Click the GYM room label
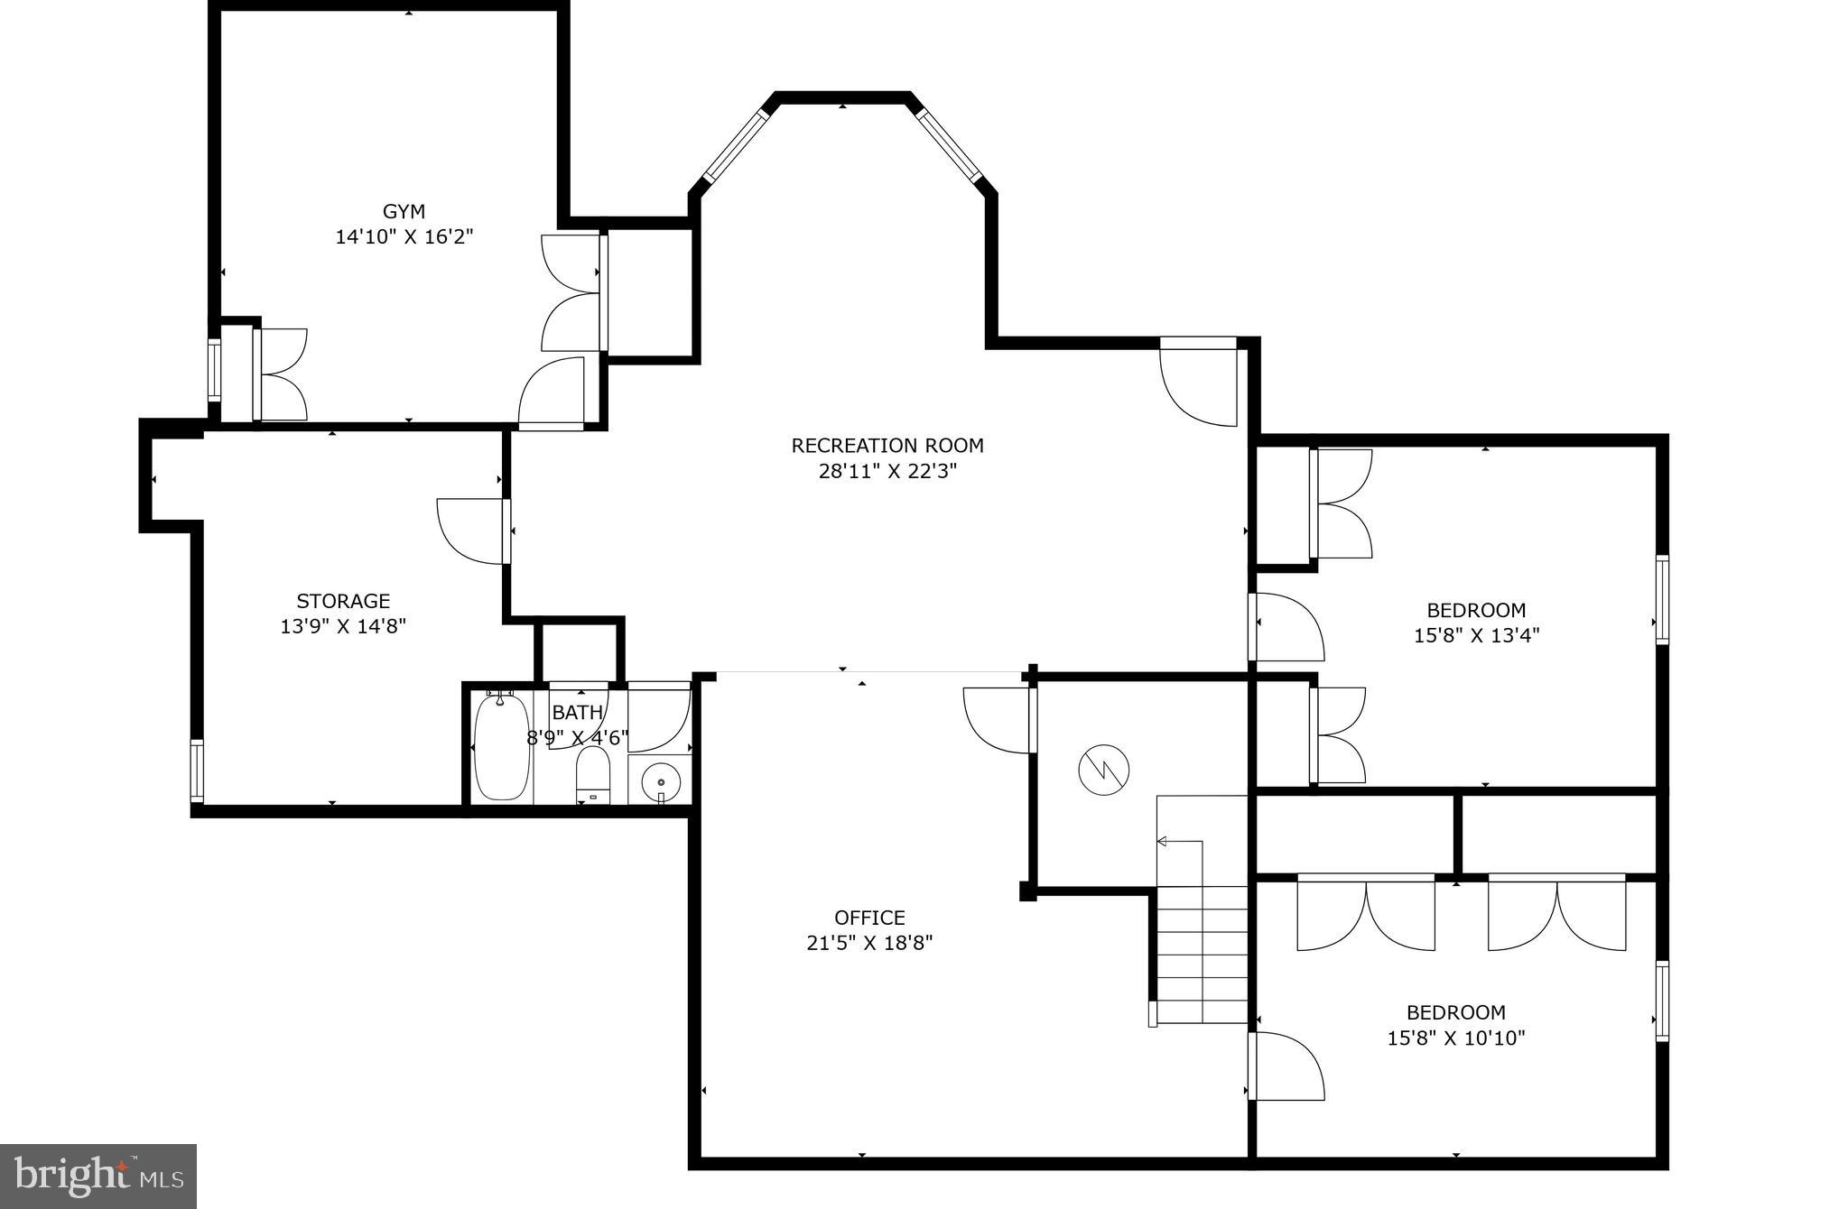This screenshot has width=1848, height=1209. tap(404, 211)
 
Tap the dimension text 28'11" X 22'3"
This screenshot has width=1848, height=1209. tap(887, 471)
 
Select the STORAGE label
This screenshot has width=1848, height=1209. tap(343, 601)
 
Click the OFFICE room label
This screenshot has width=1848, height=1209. tap(869, 918)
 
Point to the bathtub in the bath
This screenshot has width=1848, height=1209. tap(501, 747)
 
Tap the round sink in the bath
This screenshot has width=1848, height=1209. tap(662, 780)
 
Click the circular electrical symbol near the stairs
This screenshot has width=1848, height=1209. tap(1103, 770)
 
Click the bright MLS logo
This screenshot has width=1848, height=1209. tap(98, 1176)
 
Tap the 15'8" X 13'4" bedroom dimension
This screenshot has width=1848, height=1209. tap(1476, 635)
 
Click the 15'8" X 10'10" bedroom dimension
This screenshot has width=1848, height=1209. tap(1456, 1038)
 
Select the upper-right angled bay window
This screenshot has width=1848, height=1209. tap(948, 144)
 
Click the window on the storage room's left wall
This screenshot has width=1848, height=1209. tap(197, 771)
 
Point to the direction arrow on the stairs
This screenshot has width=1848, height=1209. tap(1163, 841)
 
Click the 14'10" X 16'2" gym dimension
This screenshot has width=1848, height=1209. tap(404, 237)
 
